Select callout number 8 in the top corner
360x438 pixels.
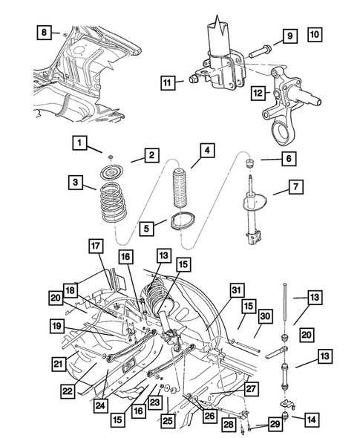pyautogui.click(x=45, y=32)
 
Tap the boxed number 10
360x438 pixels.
pyautogui.click(x=314, y=34)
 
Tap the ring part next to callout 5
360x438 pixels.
pyautogui.click(x=181, y=222)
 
